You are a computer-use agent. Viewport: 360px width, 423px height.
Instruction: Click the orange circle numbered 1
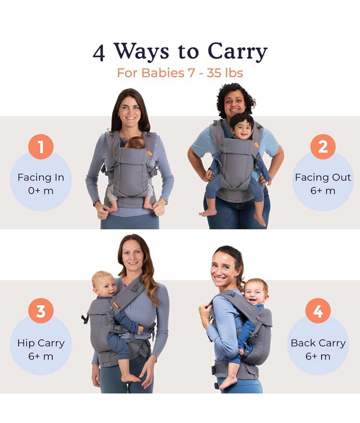pos(41,146)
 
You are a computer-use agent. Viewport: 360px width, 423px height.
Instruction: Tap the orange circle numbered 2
pos(323,146)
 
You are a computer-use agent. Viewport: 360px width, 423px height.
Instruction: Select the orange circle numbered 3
pos(41,311)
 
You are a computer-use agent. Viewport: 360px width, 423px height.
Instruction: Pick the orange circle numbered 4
pos(318,311)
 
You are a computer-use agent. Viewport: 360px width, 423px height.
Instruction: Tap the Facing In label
pos(41,177)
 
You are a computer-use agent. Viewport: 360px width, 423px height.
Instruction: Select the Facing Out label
pos(323,177)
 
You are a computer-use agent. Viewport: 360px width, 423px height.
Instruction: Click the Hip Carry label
pos(41,343)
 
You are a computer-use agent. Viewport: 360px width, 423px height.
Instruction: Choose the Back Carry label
pos(318,343)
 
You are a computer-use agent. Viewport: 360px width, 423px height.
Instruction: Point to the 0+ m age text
pos(41,191)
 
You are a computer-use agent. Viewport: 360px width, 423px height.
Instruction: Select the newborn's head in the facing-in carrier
pos(135,143)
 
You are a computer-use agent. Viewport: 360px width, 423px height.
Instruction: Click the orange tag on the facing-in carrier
pos(150,153)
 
